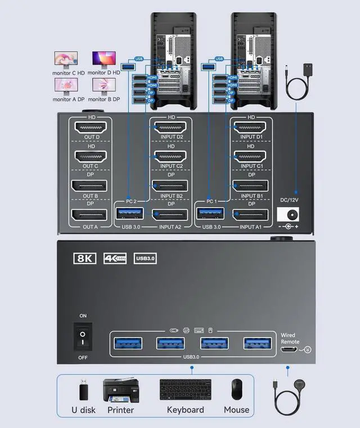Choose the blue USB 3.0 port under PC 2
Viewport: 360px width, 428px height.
tap(129, 214)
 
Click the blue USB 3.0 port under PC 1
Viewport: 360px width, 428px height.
tap(210, 214)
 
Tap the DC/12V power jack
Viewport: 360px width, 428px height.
tap(290, 214)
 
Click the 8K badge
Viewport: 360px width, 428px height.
tap(85, 258)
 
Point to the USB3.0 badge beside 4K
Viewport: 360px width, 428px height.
tap(145, 258)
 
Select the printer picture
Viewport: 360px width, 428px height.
tap(120, 390)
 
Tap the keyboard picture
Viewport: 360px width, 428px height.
tap(185, 390)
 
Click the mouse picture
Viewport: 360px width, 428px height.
tap(237, 390)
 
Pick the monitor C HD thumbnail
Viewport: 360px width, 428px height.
tap(66, 58)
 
